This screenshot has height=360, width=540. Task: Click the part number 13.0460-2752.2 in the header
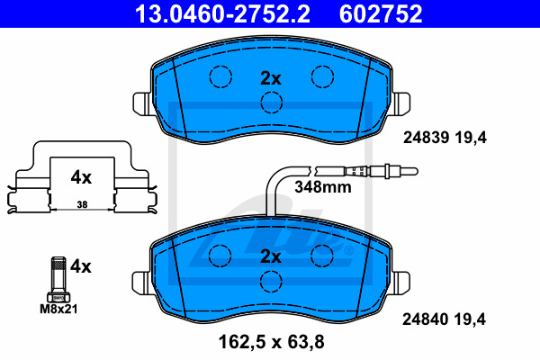point(222,13)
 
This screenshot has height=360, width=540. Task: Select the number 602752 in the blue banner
point(381,13)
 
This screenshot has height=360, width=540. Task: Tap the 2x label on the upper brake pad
point(271,78)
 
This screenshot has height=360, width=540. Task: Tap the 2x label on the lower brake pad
point(271,256)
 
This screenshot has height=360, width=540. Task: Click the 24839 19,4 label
point(445,138)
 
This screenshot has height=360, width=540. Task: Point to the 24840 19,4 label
point(444,319)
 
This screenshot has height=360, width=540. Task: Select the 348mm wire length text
point(323,187)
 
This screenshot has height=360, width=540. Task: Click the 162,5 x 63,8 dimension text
point(272,342)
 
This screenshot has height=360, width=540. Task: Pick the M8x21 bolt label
point(58,309)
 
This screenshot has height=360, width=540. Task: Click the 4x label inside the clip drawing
point(81,177)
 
